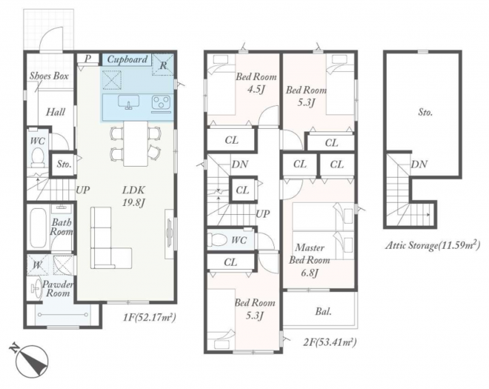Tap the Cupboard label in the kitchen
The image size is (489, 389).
pyautogui.click(x=127, y=59)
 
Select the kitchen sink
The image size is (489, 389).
pyautogui.click(x=128, y=102)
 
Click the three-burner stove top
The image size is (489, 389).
pyautogui.click(x=161, y=103)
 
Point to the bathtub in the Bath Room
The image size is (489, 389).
pyautogui.click(x=38, y=227)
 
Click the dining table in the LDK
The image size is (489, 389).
pyautogui.click(x=136, y=144)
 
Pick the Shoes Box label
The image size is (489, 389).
pyautogui.click(x=49, y=76)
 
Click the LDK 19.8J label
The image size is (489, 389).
pyautogui.click(x=134, y=196)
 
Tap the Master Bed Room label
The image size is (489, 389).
pyautogui.click(x=310, y=254)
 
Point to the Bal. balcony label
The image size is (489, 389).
pyautogui.click(x=323, y=311)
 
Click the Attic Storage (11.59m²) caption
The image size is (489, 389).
pyautogui.click(x=433, y=245)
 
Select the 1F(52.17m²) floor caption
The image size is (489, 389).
pyautogui.click(x=150, y=318)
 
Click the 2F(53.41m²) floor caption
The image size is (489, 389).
pyautogui.click(x=330, y=342)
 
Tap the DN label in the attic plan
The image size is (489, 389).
pyautogui.click(x=419, y=164)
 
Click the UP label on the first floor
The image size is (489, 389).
pyautogui.click(x=83, y=190)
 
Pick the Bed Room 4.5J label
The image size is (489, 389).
pyautogui.click(x=256, y=82)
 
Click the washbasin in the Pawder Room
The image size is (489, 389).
pyautogui.click(x=36, y=288)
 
